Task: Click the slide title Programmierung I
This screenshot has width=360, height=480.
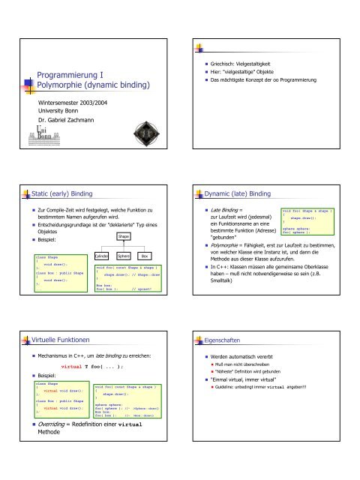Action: pos(70,75)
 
